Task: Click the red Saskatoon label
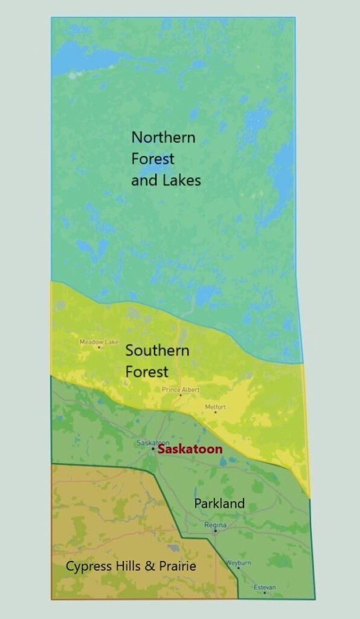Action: coord(190,449)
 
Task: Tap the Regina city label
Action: coord(215,525)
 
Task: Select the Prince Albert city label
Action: coord(181,390)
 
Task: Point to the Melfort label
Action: coord(215,407)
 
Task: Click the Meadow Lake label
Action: coord(99,342)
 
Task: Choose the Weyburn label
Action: coord(238,562)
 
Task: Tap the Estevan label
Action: coord(265,587)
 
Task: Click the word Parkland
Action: coord(219,503)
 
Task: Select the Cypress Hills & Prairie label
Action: coord(131,566)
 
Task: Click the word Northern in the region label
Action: coord(164,137)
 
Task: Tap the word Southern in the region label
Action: coord(157,351)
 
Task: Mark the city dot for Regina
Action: coord(215,531)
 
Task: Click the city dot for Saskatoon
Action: coord(153,449)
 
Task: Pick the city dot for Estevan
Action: coord(265,592)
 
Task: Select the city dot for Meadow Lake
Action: coord(99,347)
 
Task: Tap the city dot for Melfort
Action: coord(215,412)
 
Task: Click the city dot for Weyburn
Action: coord(238,568)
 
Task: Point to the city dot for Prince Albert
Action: coord(181,395)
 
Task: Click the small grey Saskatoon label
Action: coord(153,443)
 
